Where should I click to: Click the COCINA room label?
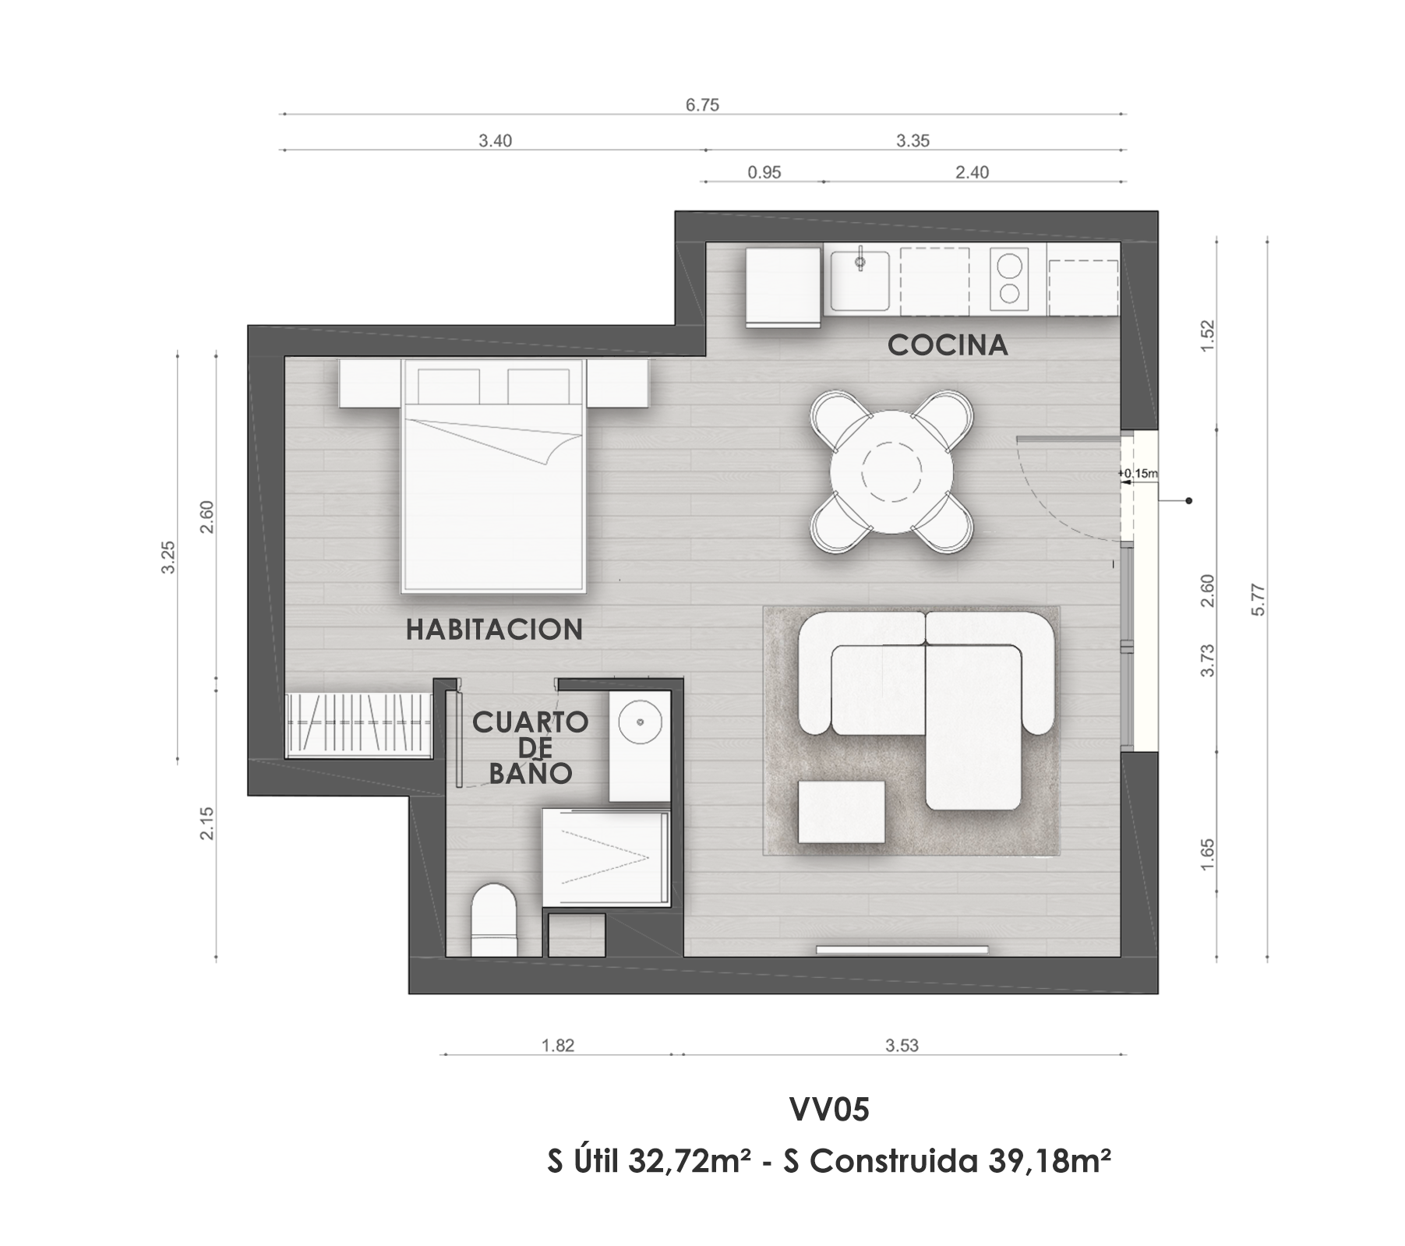tap(948, 344)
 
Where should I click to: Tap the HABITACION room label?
tap(494, 629)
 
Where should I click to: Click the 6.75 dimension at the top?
tap(702, 104)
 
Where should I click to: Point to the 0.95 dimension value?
tap(764, 172)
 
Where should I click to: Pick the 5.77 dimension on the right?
tap(1257, 600)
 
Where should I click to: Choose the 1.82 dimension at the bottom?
tap(558, 1045)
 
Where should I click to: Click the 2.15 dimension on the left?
tap(207, 823)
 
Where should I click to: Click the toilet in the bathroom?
tap(494, 919)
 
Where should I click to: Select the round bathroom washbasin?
tap(641, 722)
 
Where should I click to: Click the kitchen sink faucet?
tap(860, 261)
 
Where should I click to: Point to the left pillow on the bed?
tap(449, 386)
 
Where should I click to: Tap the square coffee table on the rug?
tap(841, 812)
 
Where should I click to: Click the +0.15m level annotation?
tap(1138, 473)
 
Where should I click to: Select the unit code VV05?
tap(829, 1110)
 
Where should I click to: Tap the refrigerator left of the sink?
tap(784, 287)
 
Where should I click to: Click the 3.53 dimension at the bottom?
tap(902, 1045)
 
